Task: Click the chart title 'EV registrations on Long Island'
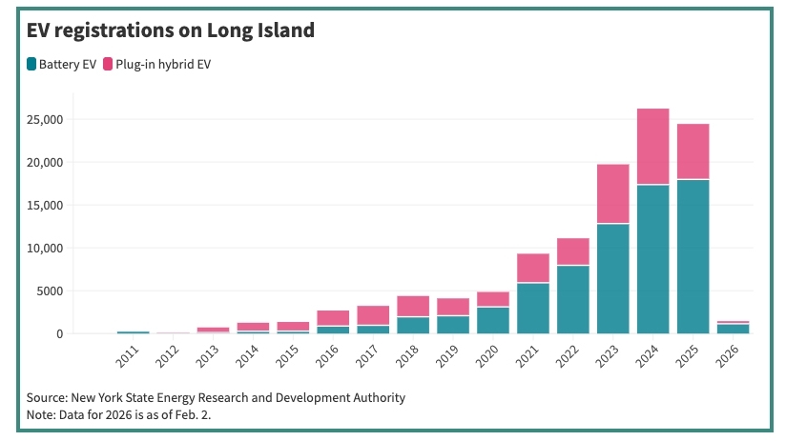pyautogui.click(x=170, y=30)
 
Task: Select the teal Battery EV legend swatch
pyautogui.click(x=32, y=64)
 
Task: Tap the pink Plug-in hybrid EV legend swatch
pyautogui.click(x=109, y=64)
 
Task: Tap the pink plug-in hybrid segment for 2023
pyautogui.click(x=612, y=193)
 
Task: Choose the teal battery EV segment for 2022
pyautogui.click(x=572, y=299)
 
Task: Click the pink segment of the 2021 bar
pyautogui.click(x=532, y=268)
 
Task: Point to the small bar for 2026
pyautogui.click(x=733, y=329)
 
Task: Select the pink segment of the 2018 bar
pyautogui.click(x=412, y=306)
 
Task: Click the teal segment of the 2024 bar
pyautogui.click(x=652, y=259)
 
